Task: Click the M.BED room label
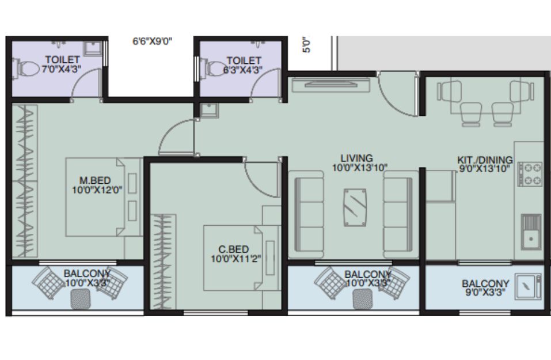click(x=95, y=180)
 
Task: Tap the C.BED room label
click(x=234, y=249)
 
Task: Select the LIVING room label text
click(x=356, y=158)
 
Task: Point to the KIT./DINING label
click(x=485, y=160)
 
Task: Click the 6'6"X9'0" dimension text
click(x=152, y=41)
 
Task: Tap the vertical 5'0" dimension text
click(x=306, y=44)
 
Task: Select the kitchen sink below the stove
click(x=531, y=232)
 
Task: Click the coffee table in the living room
click(x=355, y=207)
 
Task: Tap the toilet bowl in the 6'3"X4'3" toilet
click(x=214, y=68)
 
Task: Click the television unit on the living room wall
click(x=331, y=85)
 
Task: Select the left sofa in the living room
click(x=309, y=214)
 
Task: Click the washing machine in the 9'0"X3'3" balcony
click(x=528, y=287)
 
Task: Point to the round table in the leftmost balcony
click(x=81, y=300)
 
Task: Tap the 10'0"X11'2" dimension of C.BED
click(x=236, y=259)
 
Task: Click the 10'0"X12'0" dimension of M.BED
click(x=97, y=190)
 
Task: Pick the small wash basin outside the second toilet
click(x=209, y=111)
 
